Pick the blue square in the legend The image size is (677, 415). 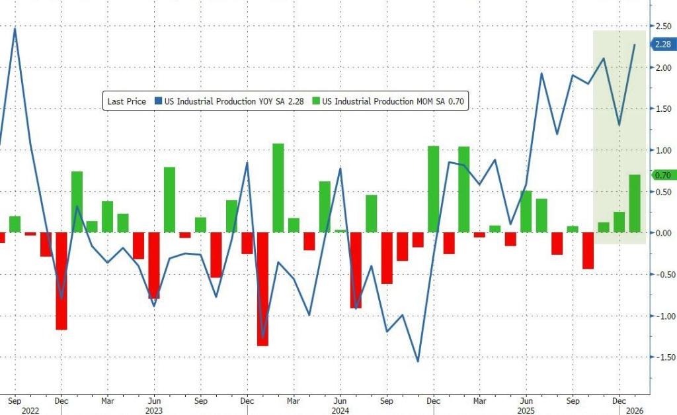click(158, 101)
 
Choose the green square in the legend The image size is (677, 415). click(317, 101)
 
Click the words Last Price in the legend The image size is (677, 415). click(127, 101)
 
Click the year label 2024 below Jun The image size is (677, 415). click(340, 410)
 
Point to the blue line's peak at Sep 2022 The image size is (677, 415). click(15, 28)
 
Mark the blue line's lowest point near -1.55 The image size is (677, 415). click(418, 361)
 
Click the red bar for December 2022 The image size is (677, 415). click(61, 281)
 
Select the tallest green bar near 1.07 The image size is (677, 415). click(278, 188)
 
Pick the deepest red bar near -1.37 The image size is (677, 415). click(262, 289)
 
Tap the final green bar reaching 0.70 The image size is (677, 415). click(635, 204)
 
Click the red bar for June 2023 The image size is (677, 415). click(154, 265)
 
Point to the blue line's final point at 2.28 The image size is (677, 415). click(635, 44)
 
